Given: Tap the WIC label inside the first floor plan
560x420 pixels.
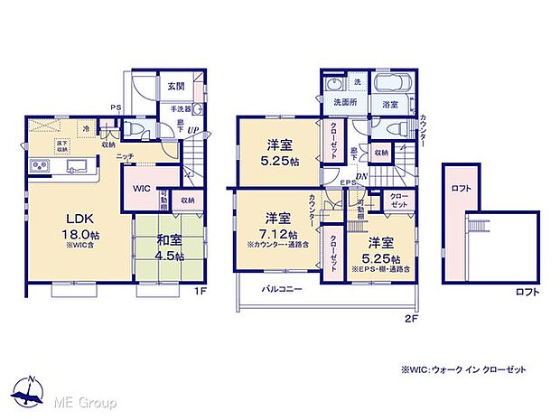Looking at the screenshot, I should coord(141,189).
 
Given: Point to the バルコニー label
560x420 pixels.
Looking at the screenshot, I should coord(282,289).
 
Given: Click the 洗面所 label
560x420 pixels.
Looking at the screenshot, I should coord(344,102).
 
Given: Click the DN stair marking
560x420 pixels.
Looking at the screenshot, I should coord(361,177).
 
